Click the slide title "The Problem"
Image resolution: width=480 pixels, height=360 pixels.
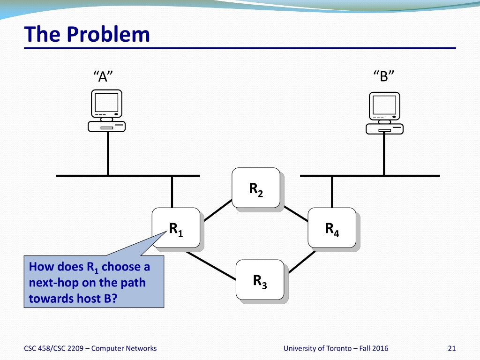pyautogui.click(x=87, y=34)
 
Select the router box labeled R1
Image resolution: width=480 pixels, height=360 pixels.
pyautogui.click(x=176, y=228)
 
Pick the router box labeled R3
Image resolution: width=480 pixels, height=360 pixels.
pyautogui.click(x=260, y=280)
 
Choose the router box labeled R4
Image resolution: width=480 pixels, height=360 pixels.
pyautogui.click(x=331, y=228)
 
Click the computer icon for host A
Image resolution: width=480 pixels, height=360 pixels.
pyautogui.click(x=107, y=111)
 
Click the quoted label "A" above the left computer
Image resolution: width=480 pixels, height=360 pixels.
pyautogui.click(x=103, y=76)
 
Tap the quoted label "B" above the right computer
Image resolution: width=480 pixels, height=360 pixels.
pyautogui.click(x=384, y=76)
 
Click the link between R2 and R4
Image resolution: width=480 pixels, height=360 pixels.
pyautogui.click(x=296, y=213)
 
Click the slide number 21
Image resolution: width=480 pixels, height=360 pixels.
pyautogui.click(x=452, y=348)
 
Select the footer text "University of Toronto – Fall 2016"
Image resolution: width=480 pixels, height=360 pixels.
pyautogui.click(x=336, y=348)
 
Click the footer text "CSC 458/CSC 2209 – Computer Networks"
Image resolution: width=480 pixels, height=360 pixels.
pyautogui.click(x=90, y=348)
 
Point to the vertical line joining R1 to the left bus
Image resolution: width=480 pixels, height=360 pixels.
pyautogui.click(x=172, y=192)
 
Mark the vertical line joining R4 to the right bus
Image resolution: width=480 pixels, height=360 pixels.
pyautogui.click(x=332, y=192)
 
